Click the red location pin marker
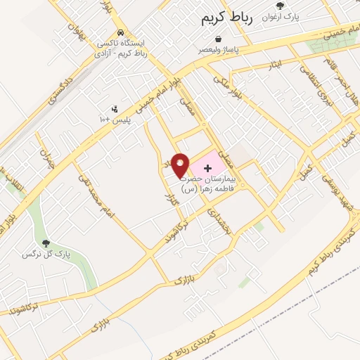(x=181, y=165)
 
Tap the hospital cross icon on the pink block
(x=207, y=168)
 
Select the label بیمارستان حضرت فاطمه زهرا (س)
(x=209, y=185)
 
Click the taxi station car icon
(x=122, y=32)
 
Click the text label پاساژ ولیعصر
(x=221, y=49)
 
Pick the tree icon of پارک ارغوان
(x=279, y=6)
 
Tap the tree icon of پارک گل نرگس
(x=46, y=243)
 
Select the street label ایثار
(x=276, y=63)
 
